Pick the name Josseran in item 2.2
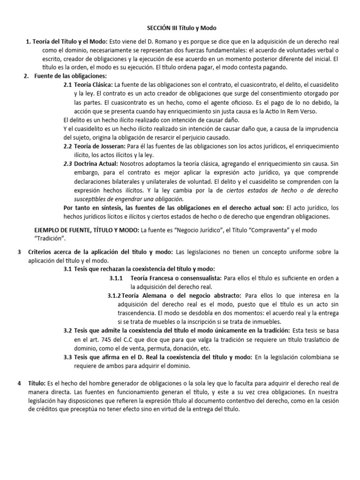pos(106,146)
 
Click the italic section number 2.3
pos(67,164)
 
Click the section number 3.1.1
pos(116,278)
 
